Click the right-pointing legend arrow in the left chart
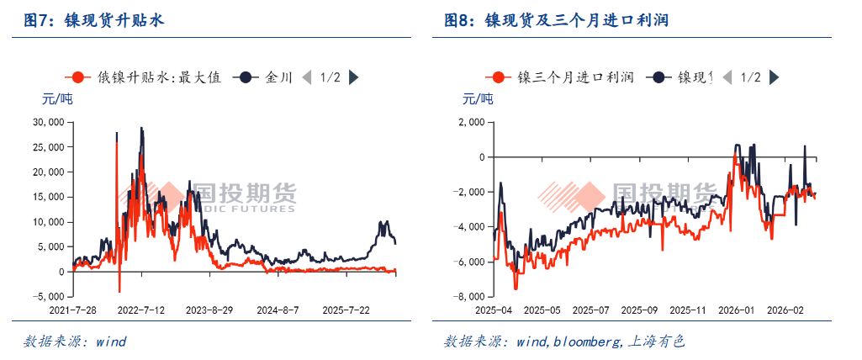[354, 77]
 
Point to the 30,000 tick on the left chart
[48, 122]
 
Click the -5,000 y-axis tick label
[48, 296]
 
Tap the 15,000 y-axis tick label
[48, 197]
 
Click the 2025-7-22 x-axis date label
[347, 310]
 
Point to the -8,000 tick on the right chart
[468, 296]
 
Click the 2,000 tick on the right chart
[471, 122]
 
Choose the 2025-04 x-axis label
[493, 310]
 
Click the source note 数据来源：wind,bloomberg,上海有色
[564, 341]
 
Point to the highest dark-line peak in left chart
[141, 128]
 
